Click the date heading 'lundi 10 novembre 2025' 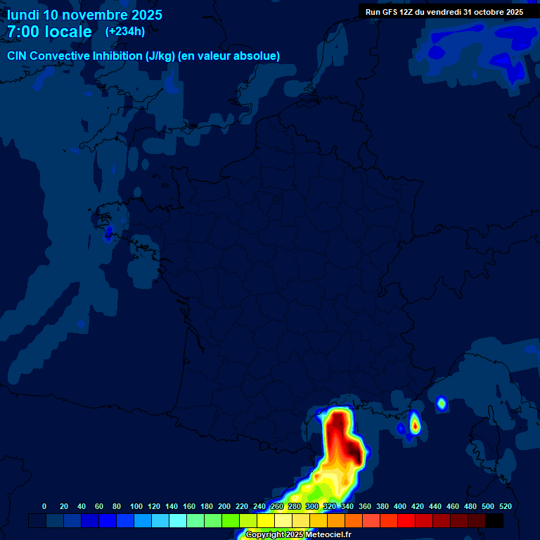pos(84,15)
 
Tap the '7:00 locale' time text pos(49,32)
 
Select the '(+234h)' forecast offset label pos(124,32)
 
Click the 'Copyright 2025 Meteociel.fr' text pos(298,534)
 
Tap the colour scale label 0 pos(44,506)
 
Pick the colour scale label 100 pos(136,506)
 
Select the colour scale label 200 pos(224,506)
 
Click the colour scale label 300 pos(312,506)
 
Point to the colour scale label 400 pos(400,506)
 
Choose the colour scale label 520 pos(505,506)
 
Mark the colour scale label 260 pos(277,506)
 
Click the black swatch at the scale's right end pos(494,520)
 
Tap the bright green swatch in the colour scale pos(231,520)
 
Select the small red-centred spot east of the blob pos(415,425)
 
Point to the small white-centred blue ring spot pos(442,403)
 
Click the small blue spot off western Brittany pos(108,232)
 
